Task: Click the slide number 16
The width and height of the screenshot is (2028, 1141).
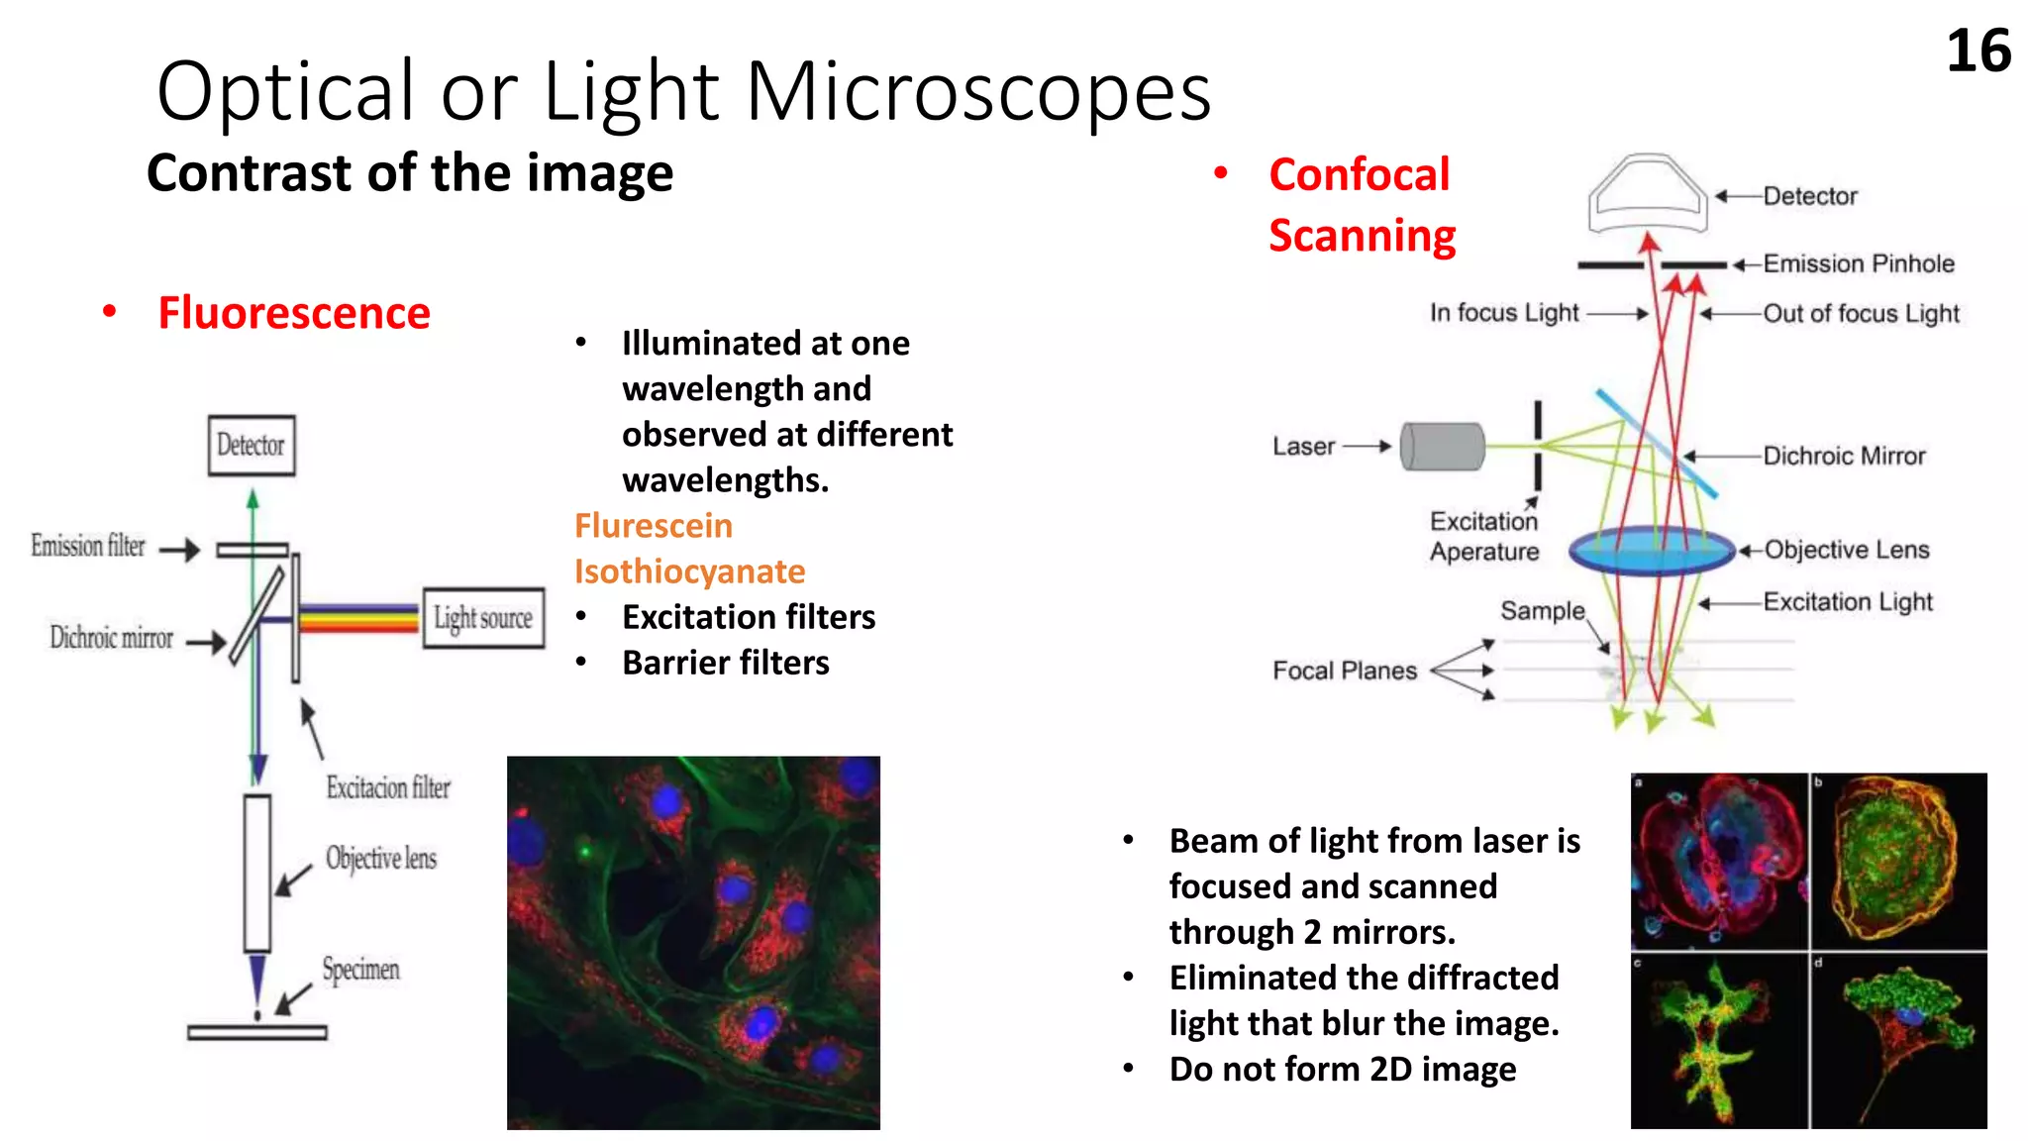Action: pyautogui.click(x=1977, y=52)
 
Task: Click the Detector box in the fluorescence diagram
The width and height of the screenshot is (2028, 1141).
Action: pyautogui.click(x=252, y=446)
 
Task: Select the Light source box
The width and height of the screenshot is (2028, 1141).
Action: pyautogui.click(x=483, y=619)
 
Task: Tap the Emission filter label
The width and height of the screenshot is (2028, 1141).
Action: pyautogui.click(x=88, y=546)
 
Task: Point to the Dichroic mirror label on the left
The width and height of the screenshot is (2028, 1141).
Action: pyautogui.click(x=111, y=638)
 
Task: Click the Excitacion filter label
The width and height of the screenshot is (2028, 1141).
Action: pyautogui.click(x=388, y=788)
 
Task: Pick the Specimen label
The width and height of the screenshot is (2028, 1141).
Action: pyautogui.click(x=360, y=969)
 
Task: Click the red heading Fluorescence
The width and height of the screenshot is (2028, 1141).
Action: pyautogui.click(x=294, y=313)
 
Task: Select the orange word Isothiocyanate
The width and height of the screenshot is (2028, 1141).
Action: pyautogui.click(x=689, y=571)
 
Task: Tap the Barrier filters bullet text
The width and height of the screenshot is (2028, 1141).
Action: pyautogui.click(x=725, y=663)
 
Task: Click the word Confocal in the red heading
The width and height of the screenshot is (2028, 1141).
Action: pyautogui.click(x=1359, y=175)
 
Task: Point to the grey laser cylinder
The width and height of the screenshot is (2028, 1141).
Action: pyautogui.click(x=1443, y=447)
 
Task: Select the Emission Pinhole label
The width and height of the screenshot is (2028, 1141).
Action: pyautogui.click(x=1858, y=264)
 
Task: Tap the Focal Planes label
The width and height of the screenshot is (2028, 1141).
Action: pyautogui.click(x=1344, y=672)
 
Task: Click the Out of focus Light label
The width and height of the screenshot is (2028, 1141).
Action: pyautogui.click(x=1860, y=314)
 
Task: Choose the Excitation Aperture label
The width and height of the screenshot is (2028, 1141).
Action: pyautogui.click(x=1483, y=537)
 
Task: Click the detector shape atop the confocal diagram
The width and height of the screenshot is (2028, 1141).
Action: pyautogui.click(x=1647, y=193)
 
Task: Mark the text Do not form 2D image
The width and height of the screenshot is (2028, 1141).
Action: pyautogui.click(x=1342, y=1070)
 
